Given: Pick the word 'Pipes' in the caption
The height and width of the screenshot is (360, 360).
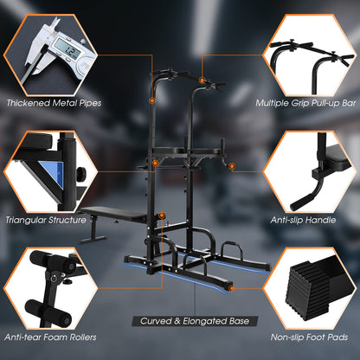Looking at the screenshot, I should [x=85, y=103].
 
